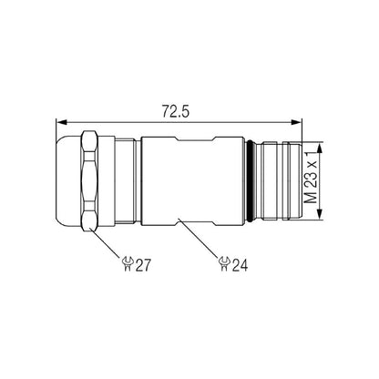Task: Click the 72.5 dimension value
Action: click(177, 111)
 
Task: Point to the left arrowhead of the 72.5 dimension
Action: click(61, 121)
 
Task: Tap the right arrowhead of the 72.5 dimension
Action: click(298, 121)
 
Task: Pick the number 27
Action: click(143, 264)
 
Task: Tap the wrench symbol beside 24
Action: click(224, 264)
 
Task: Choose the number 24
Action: click(241, 264)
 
